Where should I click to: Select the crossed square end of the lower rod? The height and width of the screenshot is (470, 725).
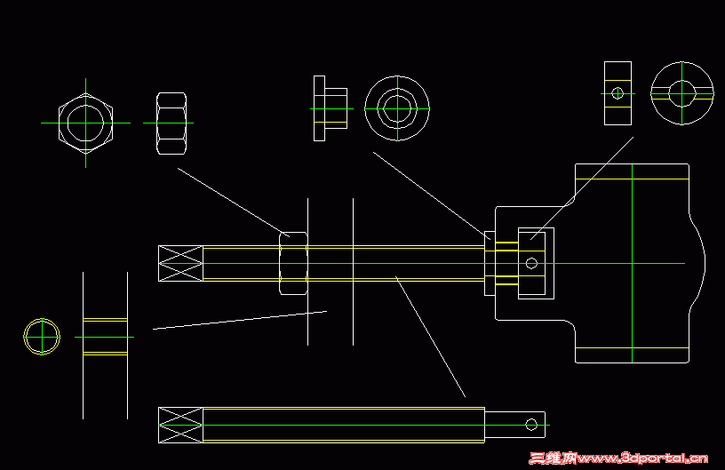tap(180, 426)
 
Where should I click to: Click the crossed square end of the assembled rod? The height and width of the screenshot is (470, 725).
tap(180, 263)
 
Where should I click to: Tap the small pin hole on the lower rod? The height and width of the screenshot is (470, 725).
tap(531, 425)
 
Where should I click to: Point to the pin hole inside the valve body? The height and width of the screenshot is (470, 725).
tap(531, 263)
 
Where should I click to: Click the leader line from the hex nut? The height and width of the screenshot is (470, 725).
tap(234, 203)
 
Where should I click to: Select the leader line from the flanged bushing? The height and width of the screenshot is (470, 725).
tap(432, 195)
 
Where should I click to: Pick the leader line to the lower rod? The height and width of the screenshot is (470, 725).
tap(430, 337)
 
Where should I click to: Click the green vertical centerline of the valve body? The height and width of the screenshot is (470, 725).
tap(632, 263)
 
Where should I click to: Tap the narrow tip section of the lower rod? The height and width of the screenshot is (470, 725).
tap(515, 425)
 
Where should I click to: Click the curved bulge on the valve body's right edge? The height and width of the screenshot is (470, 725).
tap(704, 262)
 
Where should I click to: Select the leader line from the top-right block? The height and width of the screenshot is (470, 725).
tap(582, 188)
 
